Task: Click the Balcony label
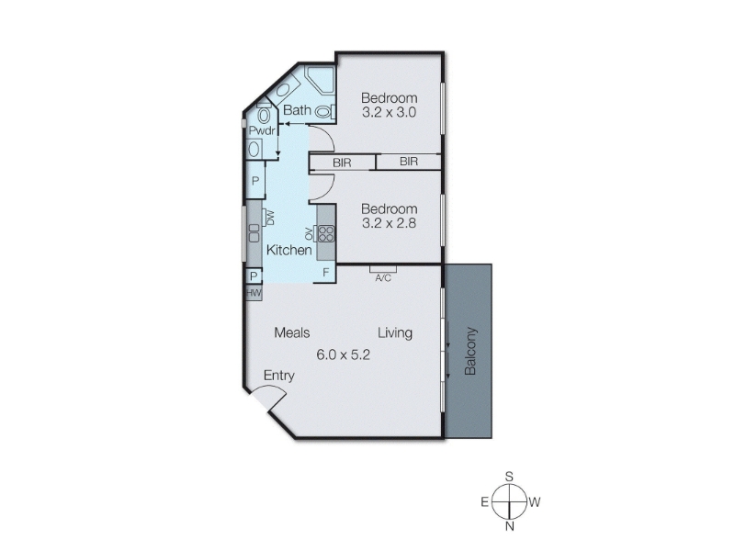pos(470,351)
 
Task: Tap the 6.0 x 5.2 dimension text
pos(343,354)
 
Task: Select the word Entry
pos(279,376)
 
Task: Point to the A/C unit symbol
pos(383,269)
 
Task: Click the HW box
pos(254,293)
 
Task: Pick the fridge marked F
pos(326,272)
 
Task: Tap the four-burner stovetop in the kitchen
pos(326,233)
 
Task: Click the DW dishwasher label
pos(270,218)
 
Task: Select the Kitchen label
pos(288,250)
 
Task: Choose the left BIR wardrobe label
pos(342,163)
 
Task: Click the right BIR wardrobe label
pos(409,162)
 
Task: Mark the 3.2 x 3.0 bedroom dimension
pos(389,112)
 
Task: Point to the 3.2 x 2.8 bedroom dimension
pos(389,223)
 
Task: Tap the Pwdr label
pos(262,130)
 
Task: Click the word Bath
pos(297,110)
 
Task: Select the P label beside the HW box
pos(254,276)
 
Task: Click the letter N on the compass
pos(510,526)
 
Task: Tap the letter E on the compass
pos(485,502)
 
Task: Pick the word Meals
pos(292,332)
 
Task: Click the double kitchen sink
pos(254,233)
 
